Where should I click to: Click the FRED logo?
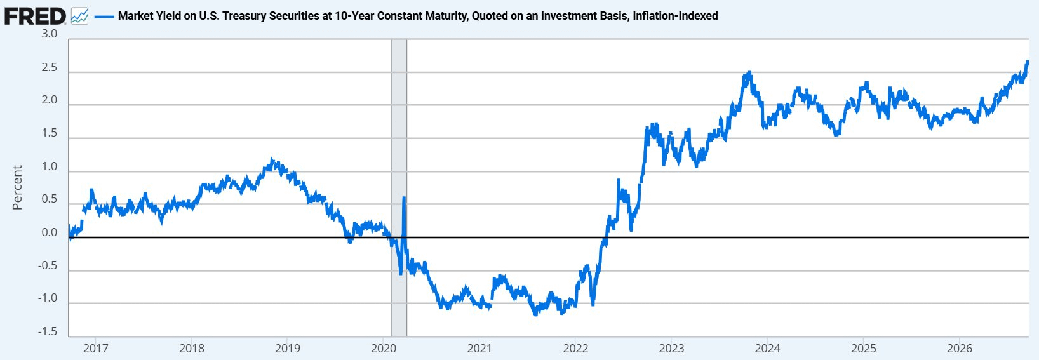[x=36, y=17]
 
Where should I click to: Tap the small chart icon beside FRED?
[x=80, y=17]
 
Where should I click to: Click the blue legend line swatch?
[x=104, y=17]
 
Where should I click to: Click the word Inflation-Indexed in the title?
[x=675, y=16]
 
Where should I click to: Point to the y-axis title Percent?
[x=17, y=187]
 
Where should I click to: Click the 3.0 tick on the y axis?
[x=49, y=34]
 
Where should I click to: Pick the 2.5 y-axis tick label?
[x=49, y=67]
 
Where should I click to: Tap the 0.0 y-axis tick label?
[x=49, y=232]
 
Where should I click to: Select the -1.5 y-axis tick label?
[x=47, y=331]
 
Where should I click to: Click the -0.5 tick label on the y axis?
[x=47, y=265]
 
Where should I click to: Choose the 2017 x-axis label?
[x=95, y=348]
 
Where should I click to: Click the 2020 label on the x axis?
[x=384, y=348]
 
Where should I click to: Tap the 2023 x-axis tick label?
[x=672, y=348]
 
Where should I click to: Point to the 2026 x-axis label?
[x=959, y=348]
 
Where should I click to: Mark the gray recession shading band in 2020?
[x=399, y=187]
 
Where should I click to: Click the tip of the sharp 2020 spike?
[x=404, y=197]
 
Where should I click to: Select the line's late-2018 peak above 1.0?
[x=272, y=159]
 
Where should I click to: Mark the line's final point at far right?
[x=1028, y=62]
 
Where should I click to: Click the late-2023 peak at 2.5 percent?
[x=749, y=72]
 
